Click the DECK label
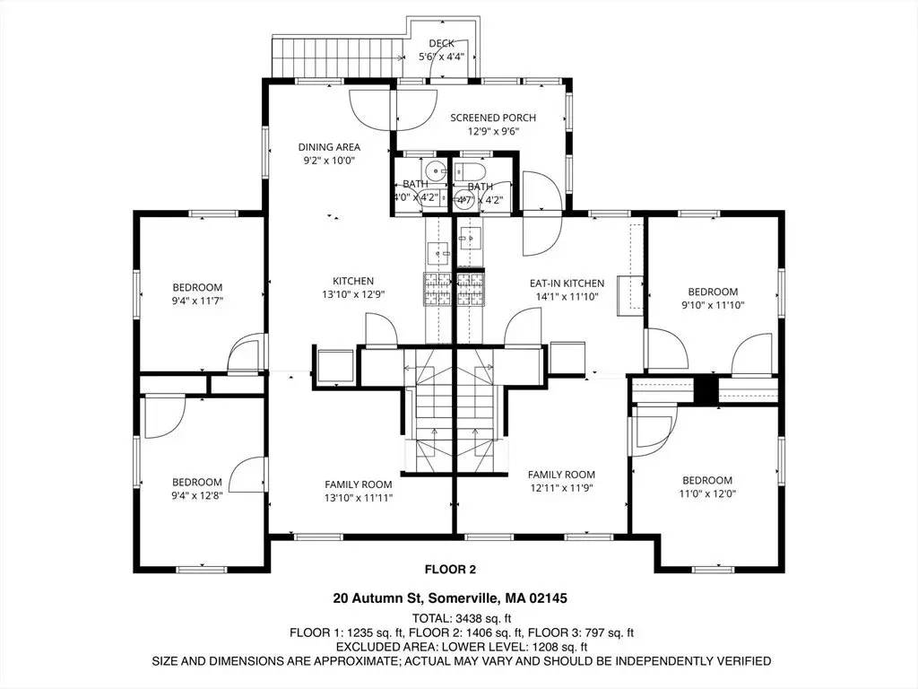point(441,43)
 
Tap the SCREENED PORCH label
point(493,118)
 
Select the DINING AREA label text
point(329,147)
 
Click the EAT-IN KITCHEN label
point(567,283)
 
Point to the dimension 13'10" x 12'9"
point(353,294)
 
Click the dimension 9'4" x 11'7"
point(197,301)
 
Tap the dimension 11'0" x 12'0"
point(707,494)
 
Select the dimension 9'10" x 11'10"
point(713,305)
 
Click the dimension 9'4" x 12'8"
point(196,496)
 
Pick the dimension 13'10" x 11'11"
point(359,498)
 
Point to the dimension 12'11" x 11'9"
point(561,488)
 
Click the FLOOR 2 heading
point(450,569)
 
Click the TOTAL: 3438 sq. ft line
point(462,618)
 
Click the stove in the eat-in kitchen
point(472,289)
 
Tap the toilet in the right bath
point(471,171)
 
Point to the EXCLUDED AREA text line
point(462,647)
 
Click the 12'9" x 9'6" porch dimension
point(493,131)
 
